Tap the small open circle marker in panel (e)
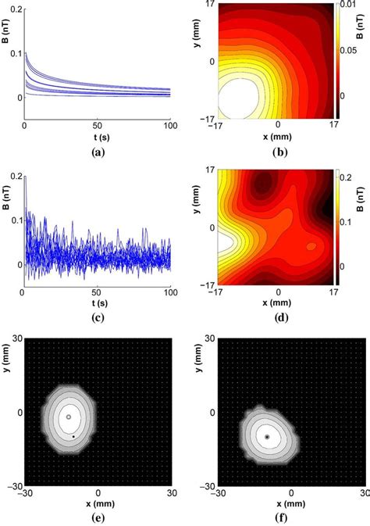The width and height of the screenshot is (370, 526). coord(69,417)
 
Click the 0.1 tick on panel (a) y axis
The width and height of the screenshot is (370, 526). coord(16,53)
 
